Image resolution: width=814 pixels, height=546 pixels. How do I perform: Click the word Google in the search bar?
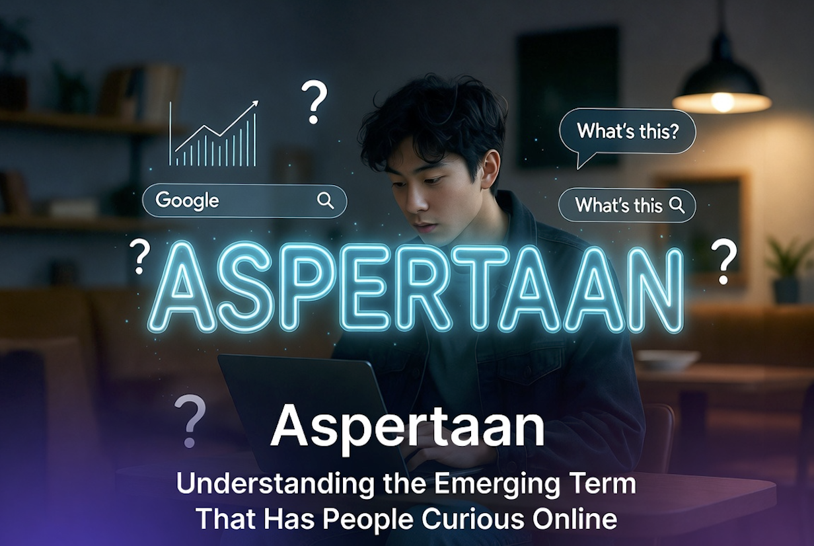187,200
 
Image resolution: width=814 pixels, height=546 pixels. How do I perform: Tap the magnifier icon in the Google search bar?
326,200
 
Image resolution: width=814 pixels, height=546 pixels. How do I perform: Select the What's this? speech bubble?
627,131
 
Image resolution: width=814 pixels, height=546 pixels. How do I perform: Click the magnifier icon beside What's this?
677,205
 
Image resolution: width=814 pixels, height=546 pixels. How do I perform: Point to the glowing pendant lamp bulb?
721,101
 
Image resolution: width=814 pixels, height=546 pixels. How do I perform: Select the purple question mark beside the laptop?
190,420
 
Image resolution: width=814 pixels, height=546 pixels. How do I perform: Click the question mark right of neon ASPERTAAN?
725,262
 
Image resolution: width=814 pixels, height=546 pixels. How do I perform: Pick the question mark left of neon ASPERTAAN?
139,256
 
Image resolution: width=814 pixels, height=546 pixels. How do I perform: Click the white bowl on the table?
667,359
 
